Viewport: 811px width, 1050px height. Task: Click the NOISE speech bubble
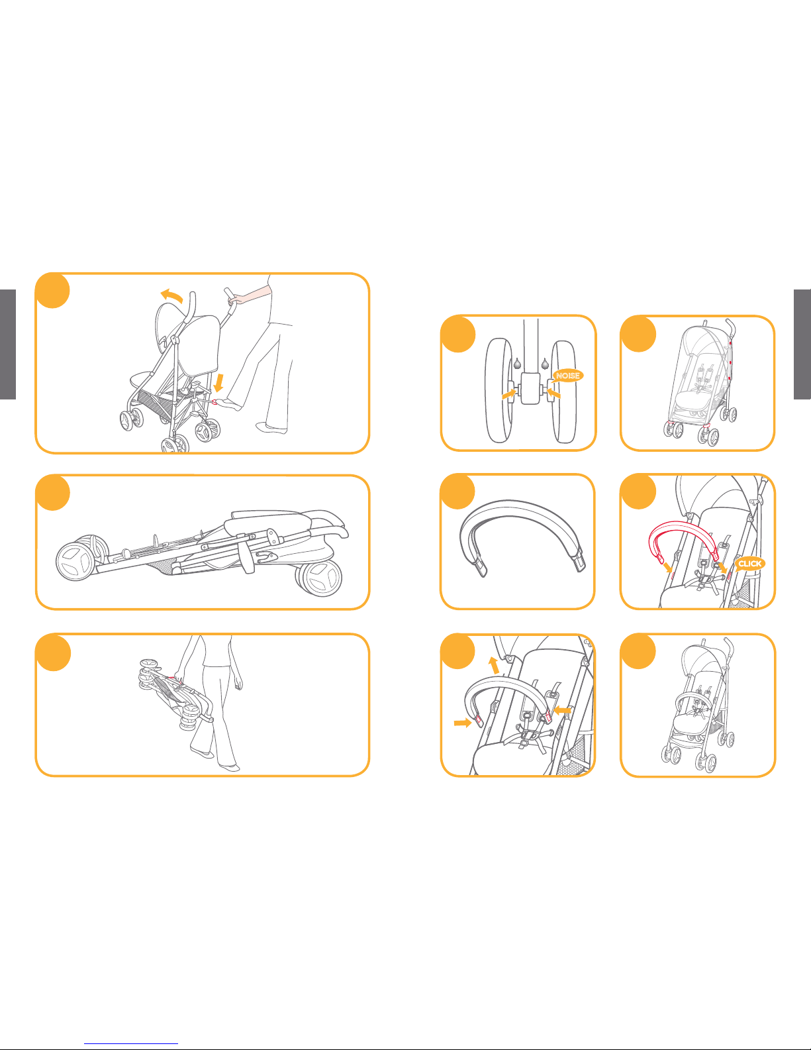coord(567,376)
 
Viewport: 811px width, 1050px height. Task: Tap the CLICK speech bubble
coord(749,564)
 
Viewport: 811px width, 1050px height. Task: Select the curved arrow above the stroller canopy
coord(172,295)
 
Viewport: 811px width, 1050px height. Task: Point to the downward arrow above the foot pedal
coord(218,383)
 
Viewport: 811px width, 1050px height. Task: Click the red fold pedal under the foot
coord(214,402)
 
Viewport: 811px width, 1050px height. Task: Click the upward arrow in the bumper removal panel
coord(493,665)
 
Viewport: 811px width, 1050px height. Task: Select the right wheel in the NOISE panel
coord(564,392)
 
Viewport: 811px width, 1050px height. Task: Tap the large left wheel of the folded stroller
coord(75,562)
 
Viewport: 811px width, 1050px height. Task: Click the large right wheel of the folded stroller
coord(320,578)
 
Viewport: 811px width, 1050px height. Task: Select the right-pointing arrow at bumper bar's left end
coord(463,723)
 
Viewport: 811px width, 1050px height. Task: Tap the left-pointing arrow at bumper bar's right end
coord(563,710)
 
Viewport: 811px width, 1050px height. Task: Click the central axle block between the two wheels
coord(531,388)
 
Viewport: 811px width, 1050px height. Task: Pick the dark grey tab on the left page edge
coord(8,344)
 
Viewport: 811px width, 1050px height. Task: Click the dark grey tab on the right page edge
coord(802,344)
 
